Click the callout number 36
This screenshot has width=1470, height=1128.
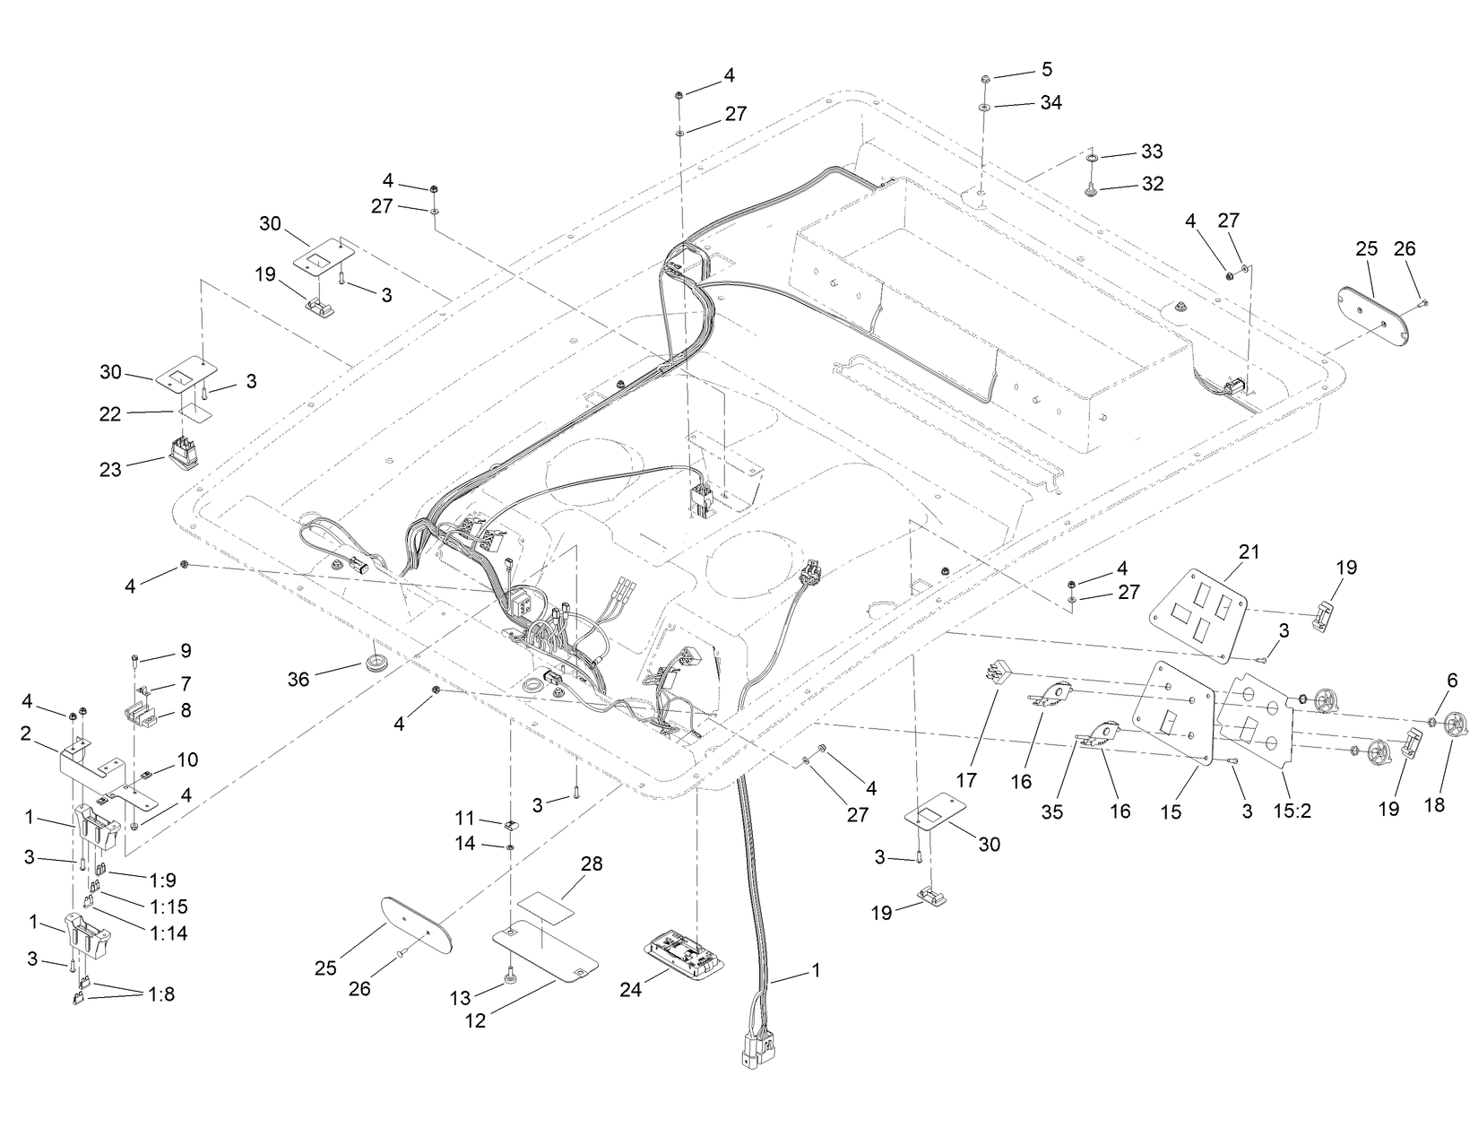point(298,680)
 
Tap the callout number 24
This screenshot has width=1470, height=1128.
point(630,990)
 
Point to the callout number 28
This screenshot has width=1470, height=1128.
point(592,864)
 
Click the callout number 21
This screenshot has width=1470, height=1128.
point(1249,552)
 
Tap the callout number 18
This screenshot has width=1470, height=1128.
point(1434,804)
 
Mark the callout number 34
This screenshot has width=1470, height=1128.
point(1051,103)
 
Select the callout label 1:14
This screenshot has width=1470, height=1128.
point(169,933)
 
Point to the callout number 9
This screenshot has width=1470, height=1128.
point(185,650)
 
